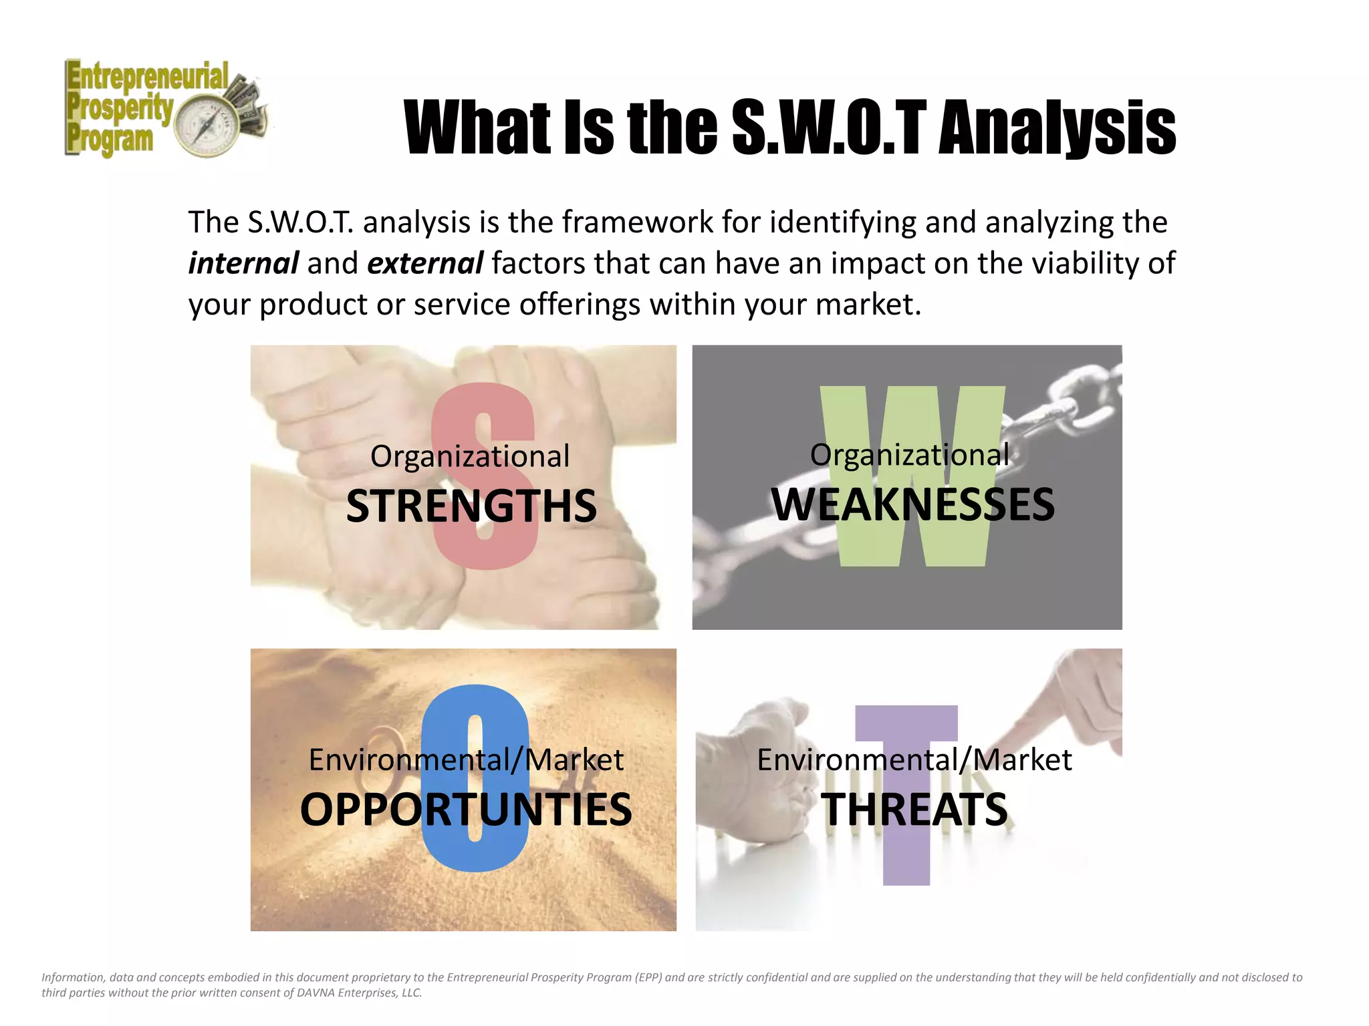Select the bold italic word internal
243,263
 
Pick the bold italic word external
425,263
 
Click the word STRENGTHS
471,506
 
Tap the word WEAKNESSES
913,505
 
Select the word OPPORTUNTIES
466,810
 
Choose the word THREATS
914,810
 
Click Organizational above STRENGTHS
470,457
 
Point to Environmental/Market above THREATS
914,760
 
